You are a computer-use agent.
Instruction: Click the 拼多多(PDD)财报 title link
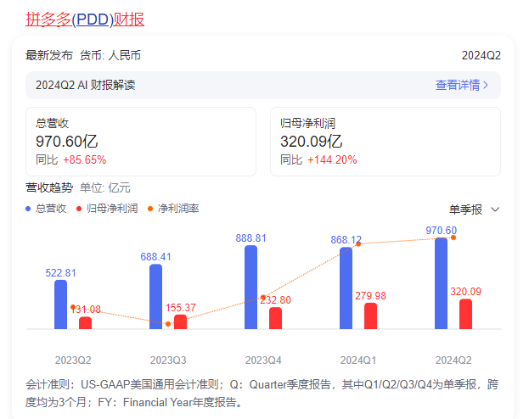(90, 19)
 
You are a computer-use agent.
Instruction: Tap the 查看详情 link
(462, 85)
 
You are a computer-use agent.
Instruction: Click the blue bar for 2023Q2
(60, 304)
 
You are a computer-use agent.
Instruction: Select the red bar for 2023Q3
(180, 321)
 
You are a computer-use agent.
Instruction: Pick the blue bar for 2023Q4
(250, 287)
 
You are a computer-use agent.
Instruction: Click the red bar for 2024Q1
(370, 316)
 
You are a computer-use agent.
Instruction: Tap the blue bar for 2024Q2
(441, 282)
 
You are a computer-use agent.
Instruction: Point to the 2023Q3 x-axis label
(168, 359)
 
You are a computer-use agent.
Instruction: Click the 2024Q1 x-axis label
(358, 359)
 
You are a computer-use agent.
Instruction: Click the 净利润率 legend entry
(172, 209)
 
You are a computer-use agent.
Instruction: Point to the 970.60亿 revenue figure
(66, 142)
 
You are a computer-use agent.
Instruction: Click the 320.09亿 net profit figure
(311, 142)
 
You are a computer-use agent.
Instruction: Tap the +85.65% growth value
(84, 159)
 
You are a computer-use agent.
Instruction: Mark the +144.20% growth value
(332, 159)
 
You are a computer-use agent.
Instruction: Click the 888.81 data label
(250, 238)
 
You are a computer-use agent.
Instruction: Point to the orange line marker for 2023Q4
(263, 297)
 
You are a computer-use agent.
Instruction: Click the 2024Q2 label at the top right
(481, 55)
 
